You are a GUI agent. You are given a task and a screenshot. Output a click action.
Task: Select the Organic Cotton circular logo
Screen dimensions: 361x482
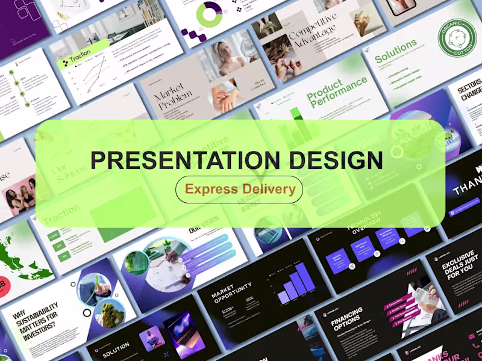456,37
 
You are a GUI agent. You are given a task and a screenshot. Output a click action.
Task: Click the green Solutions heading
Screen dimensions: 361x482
396,51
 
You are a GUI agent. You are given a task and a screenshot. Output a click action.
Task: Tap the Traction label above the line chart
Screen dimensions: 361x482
80,59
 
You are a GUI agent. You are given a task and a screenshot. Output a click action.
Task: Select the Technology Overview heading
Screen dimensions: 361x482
365,225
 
